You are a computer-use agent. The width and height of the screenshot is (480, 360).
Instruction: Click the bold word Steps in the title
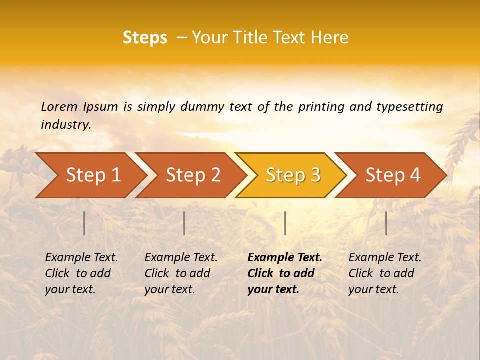(145, 38)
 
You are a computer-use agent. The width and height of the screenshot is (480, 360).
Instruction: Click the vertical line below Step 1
(84, 223)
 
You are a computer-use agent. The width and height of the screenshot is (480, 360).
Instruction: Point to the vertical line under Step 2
(184, 223)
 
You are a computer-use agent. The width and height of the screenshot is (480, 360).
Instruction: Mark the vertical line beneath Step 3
(285, 223)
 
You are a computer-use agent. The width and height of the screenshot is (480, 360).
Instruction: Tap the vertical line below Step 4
(386, 223)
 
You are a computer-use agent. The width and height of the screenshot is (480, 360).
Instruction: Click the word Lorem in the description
(59, 107)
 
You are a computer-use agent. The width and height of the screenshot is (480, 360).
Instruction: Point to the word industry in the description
(66, 125)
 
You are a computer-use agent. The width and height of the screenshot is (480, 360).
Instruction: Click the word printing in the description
(320, 107)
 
